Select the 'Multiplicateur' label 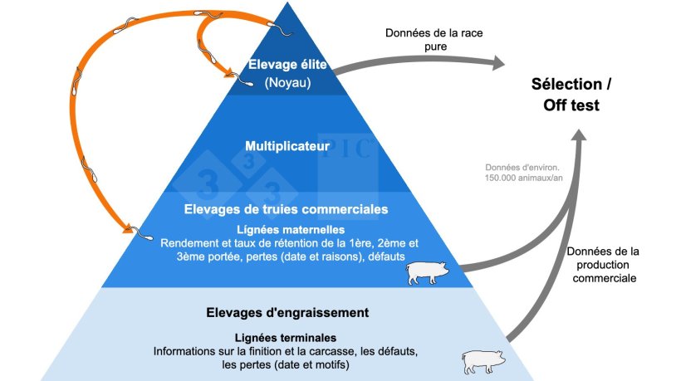[x=287, y=147]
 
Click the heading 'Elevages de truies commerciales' [x=287, y=209]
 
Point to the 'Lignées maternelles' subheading [x=287, y=228]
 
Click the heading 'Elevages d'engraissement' [x=287, y=313]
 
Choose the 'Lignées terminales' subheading [x=287, y=338]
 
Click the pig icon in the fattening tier [x=483, y=361]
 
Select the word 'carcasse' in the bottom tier [x=320, y=351]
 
